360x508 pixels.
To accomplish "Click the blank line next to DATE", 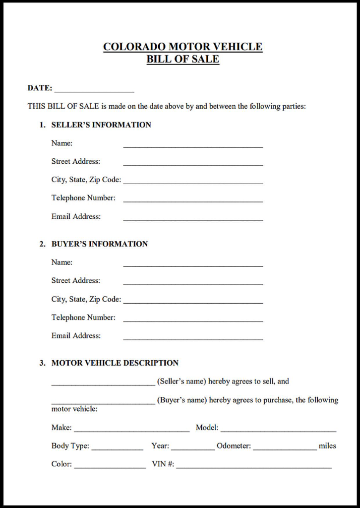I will (x=94, y=90).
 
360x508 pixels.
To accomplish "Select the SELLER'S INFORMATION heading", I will (x=101, y=125).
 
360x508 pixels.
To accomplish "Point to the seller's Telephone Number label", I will (x=83, y=198).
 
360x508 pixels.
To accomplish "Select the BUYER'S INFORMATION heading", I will (x=100, y=244).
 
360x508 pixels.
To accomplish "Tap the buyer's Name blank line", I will (x=193, y=265).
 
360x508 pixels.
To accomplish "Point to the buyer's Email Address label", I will (x=76, y=336).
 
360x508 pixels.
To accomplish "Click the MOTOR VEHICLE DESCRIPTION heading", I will (x=115, y=363).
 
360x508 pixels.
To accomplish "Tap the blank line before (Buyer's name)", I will (x=103, y=402).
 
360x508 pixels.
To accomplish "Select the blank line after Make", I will (x=131, y=430).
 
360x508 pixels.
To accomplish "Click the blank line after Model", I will (x=278, y=430).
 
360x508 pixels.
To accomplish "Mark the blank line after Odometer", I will (x=285, y=448).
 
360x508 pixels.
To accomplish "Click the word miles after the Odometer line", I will (x=327, y=446).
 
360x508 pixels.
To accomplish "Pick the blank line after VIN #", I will (x=254, y=467).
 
